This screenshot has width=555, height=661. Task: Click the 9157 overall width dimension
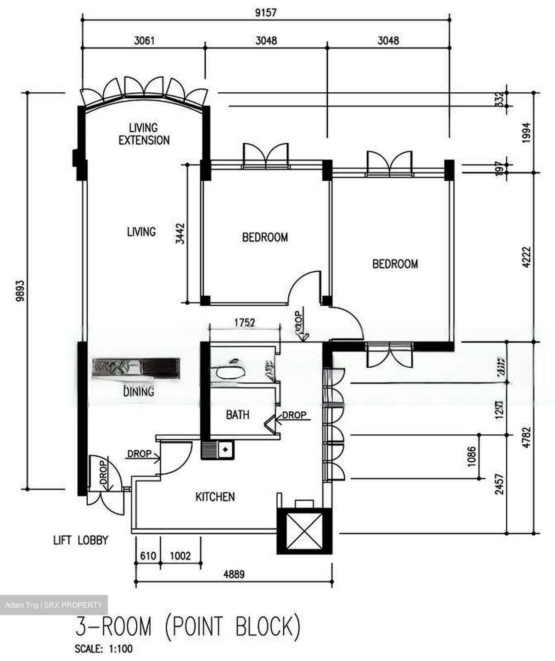coord(266,12)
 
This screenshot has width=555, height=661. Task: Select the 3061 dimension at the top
coord(144,40)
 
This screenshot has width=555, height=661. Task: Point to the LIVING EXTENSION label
coord(144,134)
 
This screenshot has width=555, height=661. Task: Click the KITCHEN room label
coord(215,497)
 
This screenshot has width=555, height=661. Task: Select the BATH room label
coord(237,415)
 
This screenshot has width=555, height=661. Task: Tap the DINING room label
coord(139,392)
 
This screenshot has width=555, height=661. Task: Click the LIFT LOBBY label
coord(80,540)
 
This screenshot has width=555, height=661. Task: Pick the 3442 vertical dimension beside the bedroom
coord(180,233)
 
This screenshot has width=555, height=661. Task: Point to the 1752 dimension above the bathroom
coord(244,322)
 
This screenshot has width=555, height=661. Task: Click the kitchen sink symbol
coord(218,450)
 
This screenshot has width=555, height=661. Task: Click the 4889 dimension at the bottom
coord(234,574)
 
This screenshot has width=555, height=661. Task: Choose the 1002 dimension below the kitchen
coord(180,556)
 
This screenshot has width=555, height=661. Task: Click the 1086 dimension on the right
coord(471,457)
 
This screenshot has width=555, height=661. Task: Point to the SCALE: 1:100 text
coord(104,649)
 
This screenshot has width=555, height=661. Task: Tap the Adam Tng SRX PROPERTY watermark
coord(54,605)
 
